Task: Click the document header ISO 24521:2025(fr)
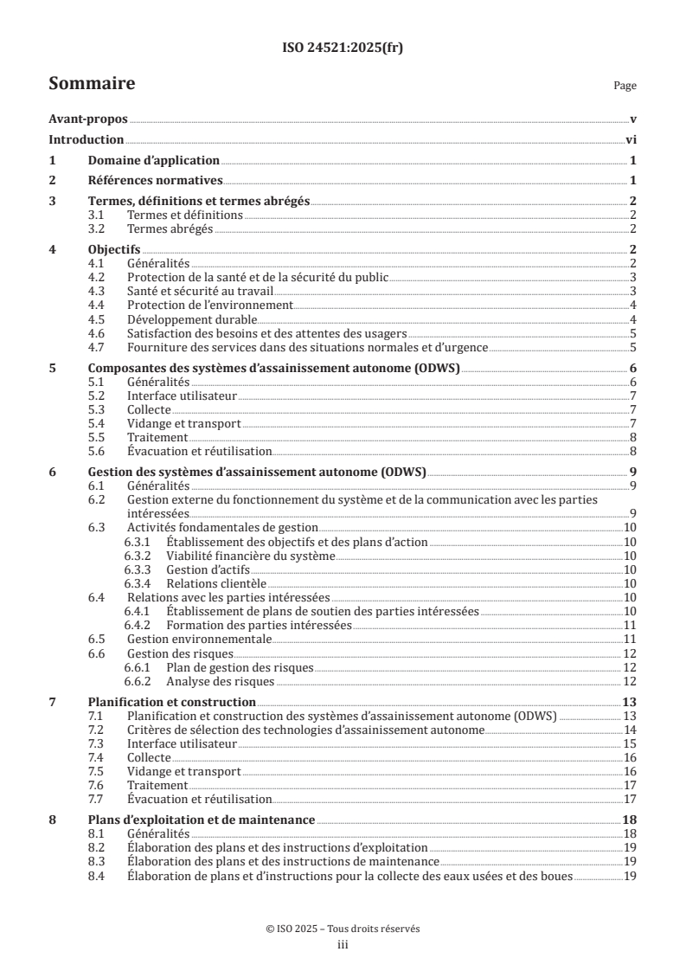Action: (343, 48)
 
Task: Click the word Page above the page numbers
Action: (625, 87)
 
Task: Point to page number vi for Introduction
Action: (632, 140)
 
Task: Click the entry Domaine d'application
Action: (154, 161)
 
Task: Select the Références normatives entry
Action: (156, 181)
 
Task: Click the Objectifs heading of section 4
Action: (113, 249)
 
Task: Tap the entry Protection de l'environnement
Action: (210, 305)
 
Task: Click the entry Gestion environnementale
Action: (200, 640)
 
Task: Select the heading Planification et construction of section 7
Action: (172, 702)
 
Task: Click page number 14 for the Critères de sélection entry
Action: (631, 730)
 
